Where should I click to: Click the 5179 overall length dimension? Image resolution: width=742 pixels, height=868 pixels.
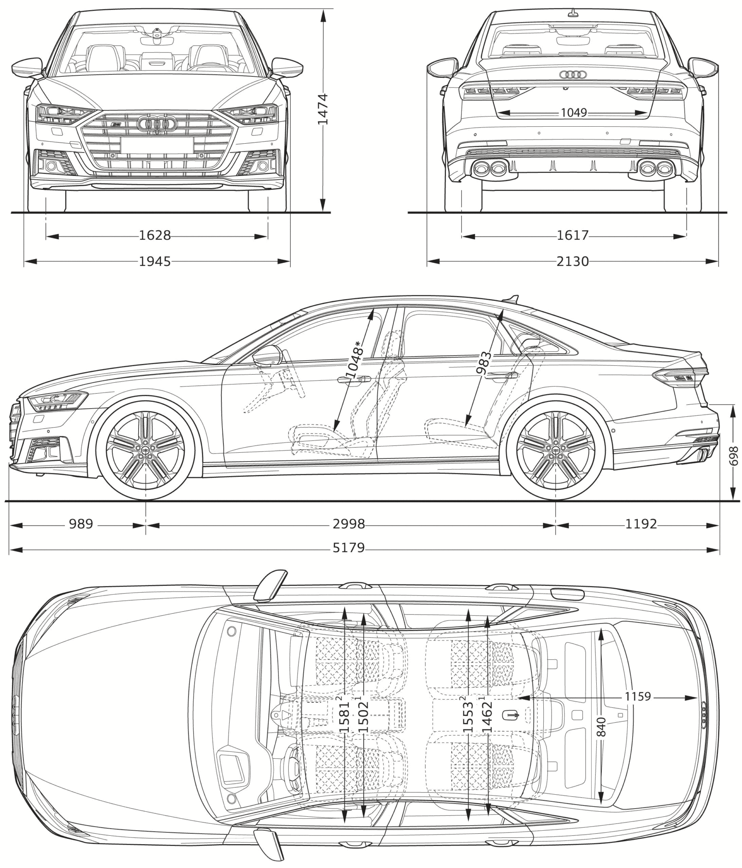point(348,548)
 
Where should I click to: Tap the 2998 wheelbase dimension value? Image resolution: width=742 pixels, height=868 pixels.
point(348,524)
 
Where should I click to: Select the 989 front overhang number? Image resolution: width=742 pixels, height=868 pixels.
point(81,524)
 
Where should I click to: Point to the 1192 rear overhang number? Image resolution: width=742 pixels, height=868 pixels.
point(641,524)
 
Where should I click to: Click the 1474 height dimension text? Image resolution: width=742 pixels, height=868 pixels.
point(322,109)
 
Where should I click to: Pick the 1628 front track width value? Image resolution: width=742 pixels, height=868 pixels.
point(155,235)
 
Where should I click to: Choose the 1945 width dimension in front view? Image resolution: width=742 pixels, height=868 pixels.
point(155,262)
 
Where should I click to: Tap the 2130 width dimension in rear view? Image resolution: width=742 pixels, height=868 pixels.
point(572,262)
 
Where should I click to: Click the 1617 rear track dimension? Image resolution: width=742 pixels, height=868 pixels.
point(572,235)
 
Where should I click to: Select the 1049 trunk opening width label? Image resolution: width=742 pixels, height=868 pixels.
point(574,113)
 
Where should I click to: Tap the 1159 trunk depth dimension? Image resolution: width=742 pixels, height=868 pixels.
point(637,697)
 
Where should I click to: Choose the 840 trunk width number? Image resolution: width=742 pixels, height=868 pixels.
point(601,727)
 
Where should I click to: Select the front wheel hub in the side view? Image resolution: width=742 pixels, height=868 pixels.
point(146,451)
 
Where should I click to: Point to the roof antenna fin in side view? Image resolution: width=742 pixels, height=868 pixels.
point(513,299)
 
